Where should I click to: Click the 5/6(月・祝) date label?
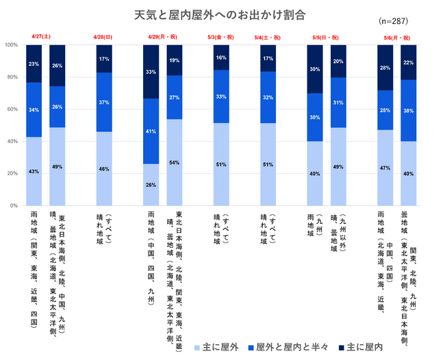point(397,37)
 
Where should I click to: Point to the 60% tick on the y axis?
point(12,110)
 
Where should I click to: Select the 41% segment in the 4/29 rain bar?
point(151,131)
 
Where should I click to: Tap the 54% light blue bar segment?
point(175,162)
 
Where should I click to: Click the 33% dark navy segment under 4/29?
point(151,72)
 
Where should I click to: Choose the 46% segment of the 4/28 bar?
point(104,168)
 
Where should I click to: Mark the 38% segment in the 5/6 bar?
point(409,110)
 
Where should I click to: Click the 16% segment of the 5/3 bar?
point(221,58)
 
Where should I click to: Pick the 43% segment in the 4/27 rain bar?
point(34,171)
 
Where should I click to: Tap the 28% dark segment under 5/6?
point(385,68)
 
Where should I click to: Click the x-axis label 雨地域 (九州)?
point(314,233)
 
